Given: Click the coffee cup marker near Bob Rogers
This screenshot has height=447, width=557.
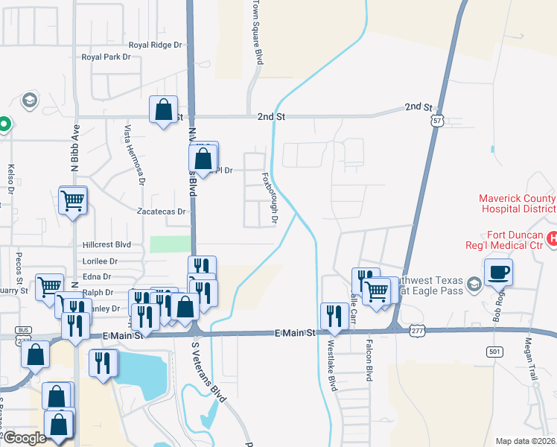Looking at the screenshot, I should [498, 272].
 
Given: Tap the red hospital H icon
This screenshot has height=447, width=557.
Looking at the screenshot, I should [552, 238].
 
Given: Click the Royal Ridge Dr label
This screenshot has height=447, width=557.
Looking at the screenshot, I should [155, 45].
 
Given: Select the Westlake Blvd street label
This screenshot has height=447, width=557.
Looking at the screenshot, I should [331, 365].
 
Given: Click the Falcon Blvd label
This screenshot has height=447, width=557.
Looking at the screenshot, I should [369, 361].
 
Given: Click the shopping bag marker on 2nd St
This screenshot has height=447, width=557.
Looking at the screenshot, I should [163, 110].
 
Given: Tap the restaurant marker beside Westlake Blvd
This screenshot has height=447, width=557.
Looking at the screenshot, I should [334, 317].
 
